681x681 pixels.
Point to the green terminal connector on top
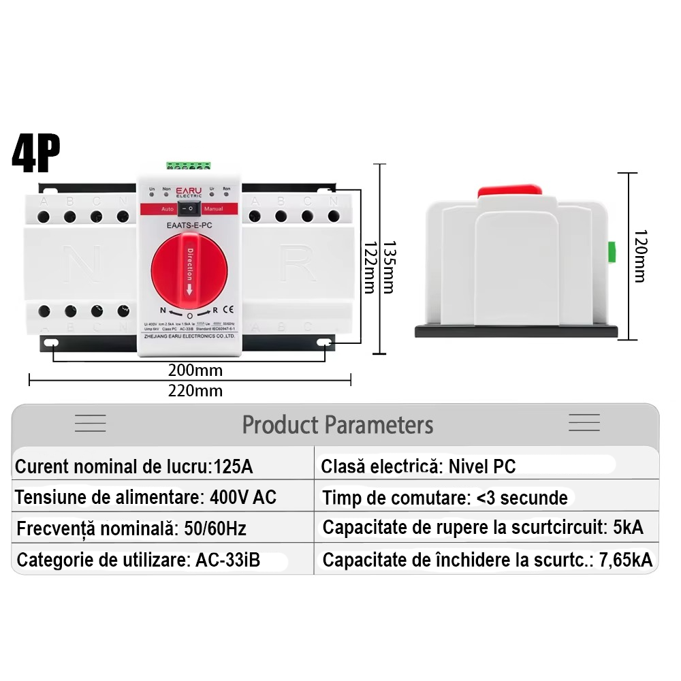tap(188, 165)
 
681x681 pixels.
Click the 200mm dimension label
tap(195, 370)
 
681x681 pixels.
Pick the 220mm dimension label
tap(195, 390)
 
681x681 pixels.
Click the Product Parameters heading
tap(338, 425)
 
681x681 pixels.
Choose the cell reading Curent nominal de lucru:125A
tap(133, 466)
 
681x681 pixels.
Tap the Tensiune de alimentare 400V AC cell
tap(146, 497)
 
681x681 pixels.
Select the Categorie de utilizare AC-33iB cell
tap(138, 560)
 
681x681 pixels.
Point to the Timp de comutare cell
tap(445, 498)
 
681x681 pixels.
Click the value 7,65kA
tap(624, 560)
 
